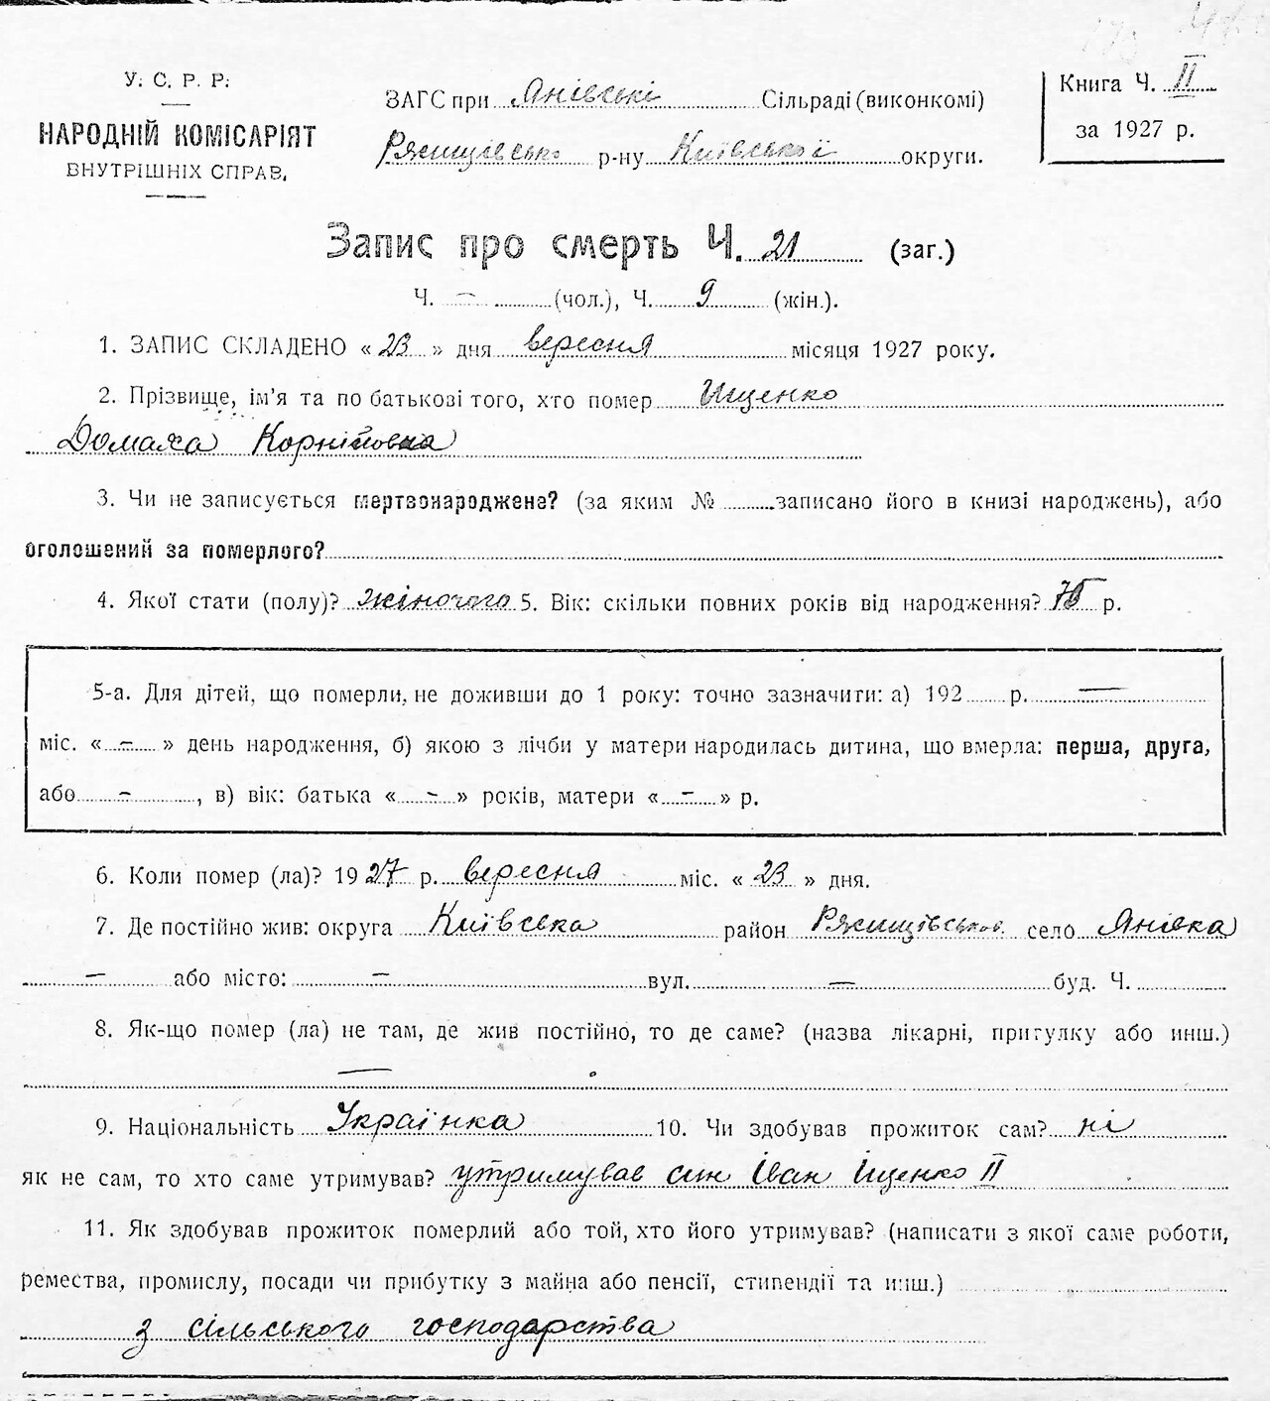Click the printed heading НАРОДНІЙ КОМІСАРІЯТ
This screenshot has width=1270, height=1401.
176,135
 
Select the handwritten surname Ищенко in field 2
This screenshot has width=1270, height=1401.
768,395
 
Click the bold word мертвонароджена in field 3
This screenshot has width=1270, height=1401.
455,501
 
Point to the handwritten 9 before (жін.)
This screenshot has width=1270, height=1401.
705,296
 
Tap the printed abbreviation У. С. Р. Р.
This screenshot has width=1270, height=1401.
176,82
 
